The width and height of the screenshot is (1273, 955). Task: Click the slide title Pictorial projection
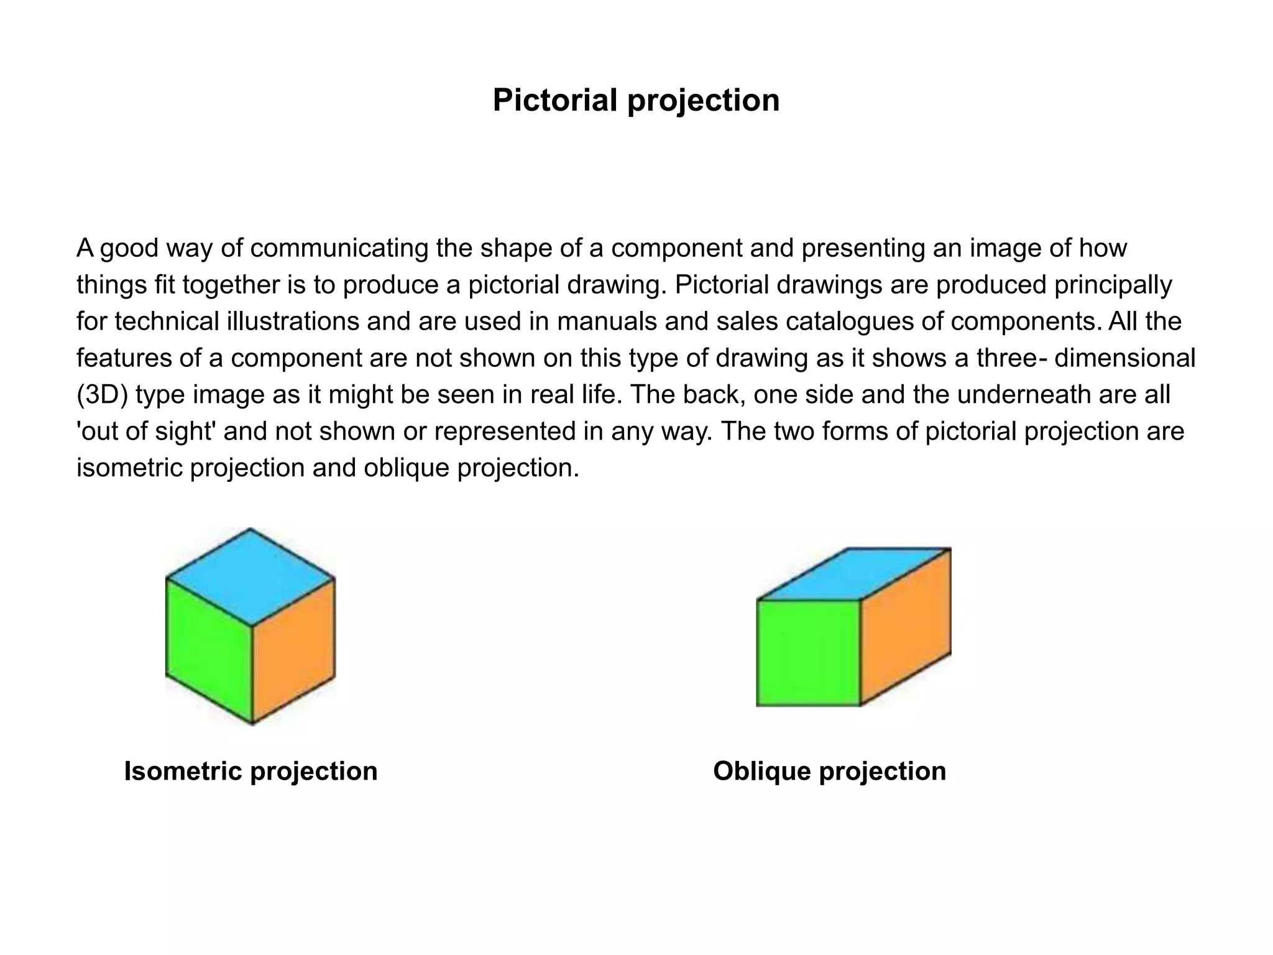coord(636,100)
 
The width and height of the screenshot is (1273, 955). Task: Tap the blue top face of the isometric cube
coord(250,576)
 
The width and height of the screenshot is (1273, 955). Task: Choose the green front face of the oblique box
coord(808,653)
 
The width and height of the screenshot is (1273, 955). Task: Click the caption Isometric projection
coord(250,771)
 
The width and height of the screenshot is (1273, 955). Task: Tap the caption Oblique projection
coord(829,771)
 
